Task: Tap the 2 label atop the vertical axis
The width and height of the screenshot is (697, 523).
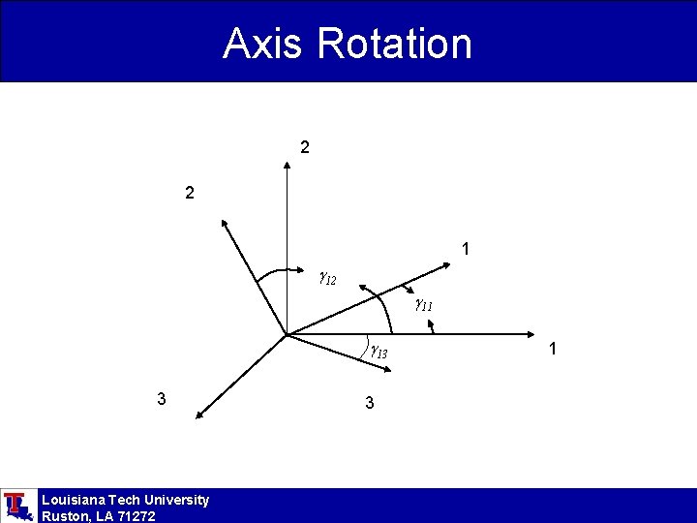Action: click(305, 148)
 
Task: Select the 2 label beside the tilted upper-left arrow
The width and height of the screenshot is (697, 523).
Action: click(191, 194)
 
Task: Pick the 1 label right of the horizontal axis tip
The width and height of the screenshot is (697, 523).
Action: click(552, 348)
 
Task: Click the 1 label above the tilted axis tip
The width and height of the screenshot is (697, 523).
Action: click(467, 250)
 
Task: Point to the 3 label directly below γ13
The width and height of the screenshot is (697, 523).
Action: click(370, 402)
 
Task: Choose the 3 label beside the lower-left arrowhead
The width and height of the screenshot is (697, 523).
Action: click(162, 398)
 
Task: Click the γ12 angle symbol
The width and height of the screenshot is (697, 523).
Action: click(327, 280)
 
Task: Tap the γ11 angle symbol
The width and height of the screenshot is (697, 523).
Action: click(423, 305)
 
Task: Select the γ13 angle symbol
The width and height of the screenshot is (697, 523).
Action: click(378, 353)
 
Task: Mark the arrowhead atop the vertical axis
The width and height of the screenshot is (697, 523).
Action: click(288, 167)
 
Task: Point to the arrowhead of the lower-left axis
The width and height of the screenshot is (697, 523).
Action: click(197, 415)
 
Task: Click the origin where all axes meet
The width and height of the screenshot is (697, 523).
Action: click(288, 336)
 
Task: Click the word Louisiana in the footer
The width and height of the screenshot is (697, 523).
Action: click(75, 500)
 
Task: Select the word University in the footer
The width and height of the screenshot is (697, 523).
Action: click(174, 500)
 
